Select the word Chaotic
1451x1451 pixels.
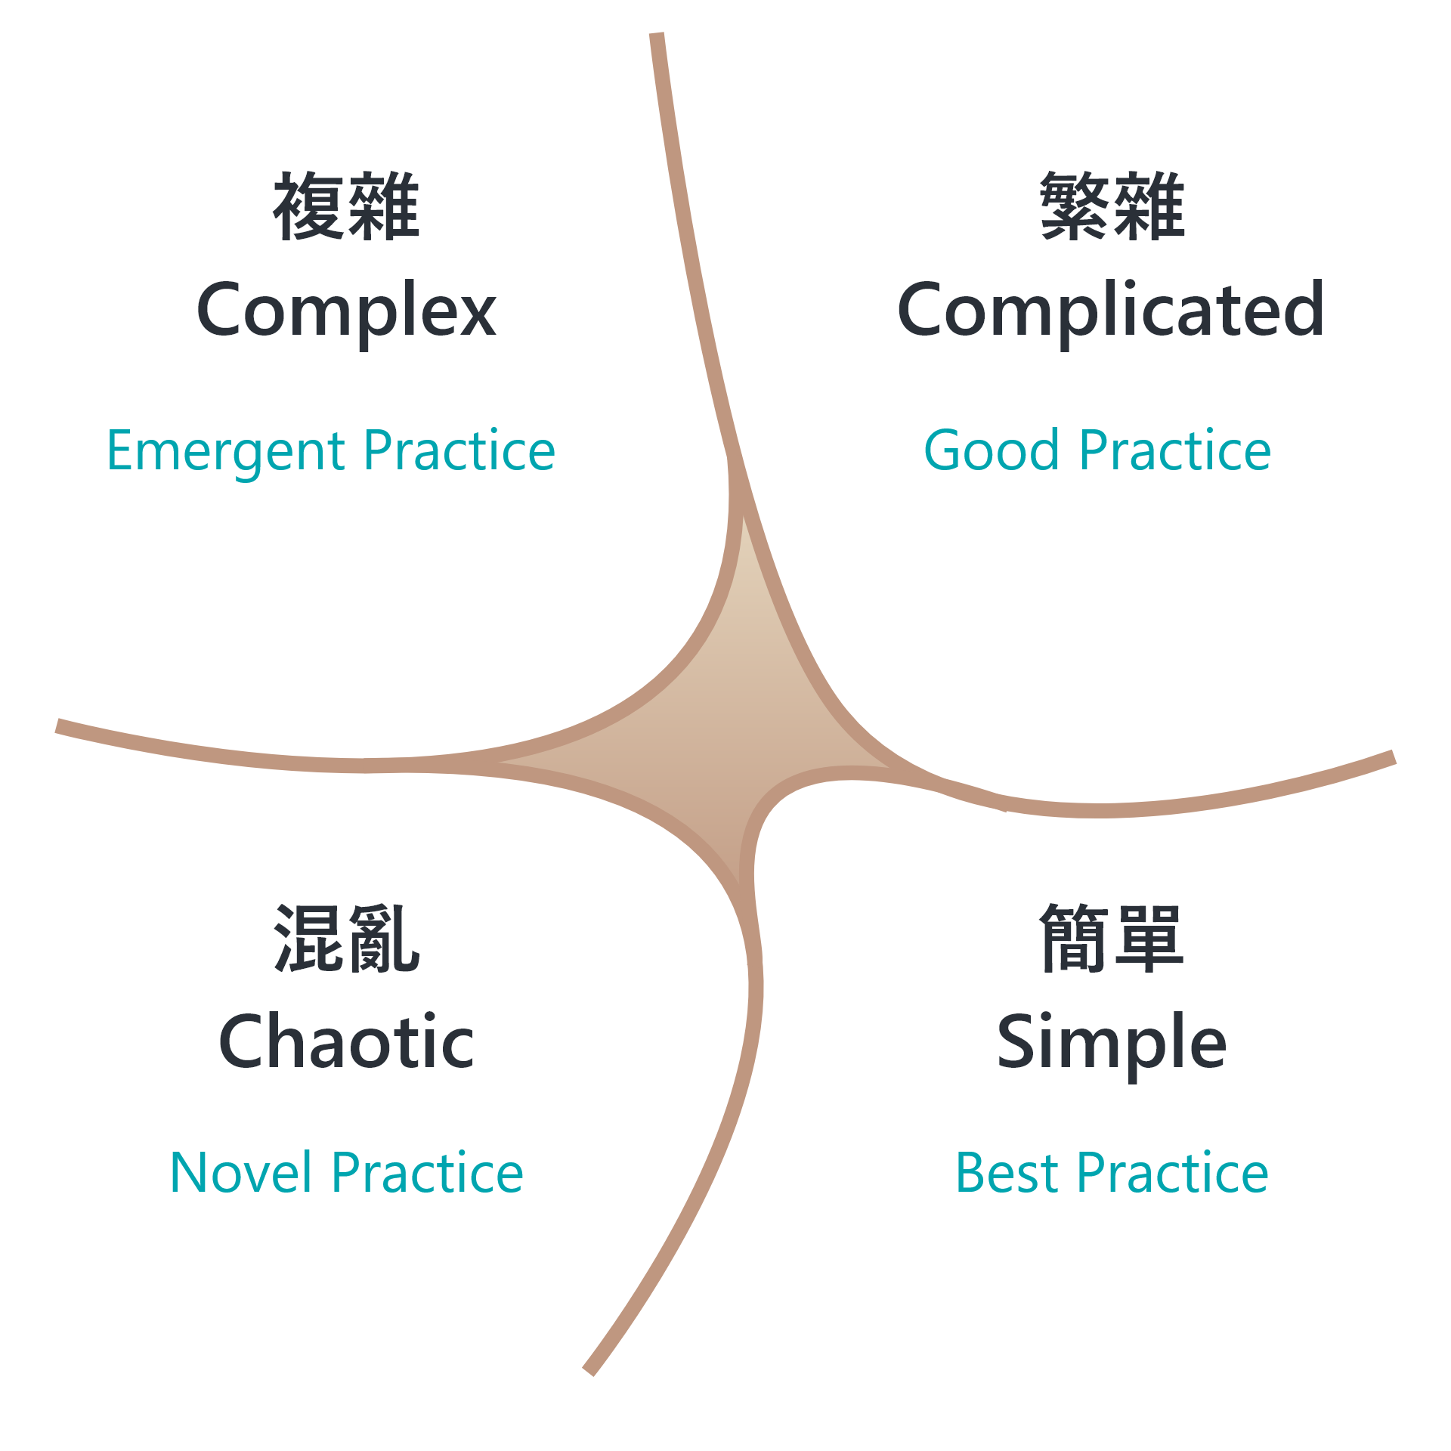point(346,1041)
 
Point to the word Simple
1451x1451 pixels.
point(1112,1044)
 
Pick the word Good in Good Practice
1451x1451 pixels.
point(992,450)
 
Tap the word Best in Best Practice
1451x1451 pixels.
point(1007,1173)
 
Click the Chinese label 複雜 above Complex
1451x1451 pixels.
point(346,206)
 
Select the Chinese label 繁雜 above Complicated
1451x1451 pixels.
point(1112,206)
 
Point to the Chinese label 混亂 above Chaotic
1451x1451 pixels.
point(346,938)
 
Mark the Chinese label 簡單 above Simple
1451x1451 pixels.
point(1112,938)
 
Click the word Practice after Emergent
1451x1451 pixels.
point(460,450)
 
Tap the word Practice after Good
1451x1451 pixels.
point(1176,450)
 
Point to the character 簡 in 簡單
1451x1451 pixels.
point(1075,938)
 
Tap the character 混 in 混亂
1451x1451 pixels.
point(308,938)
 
